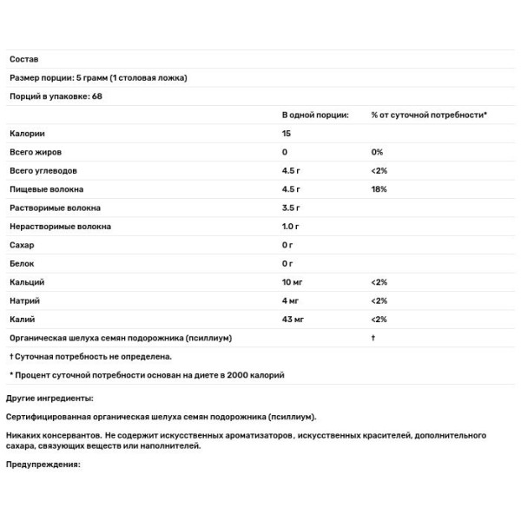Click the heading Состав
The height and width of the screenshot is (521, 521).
[23, 59]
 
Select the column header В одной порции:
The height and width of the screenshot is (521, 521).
[315, 115]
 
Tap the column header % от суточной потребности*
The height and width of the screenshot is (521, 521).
[429, 115]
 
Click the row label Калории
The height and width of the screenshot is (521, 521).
[27, 134]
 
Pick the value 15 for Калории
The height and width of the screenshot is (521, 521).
[287, 134]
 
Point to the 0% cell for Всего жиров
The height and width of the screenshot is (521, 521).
[376, 152]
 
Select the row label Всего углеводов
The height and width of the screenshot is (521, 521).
[44, 170]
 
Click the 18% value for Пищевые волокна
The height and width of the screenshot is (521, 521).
[378, 188]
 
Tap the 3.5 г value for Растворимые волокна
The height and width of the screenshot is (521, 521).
[291, 208]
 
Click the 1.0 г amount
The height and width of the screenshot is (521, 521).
[291, 226]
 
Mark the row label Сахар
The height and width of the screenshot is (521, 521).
[22, 245]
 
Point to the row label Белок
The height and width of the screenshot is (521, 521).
[22, 263]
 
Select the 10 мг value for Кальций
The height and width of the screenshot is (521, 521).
[293, 282]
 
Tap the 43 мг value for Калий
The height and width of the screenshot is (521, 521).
[293, 320]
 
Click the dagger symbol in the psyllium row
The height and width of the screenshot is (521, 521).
[373, 338]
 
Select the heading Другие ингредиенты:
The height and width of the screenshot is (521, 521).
[49, 398]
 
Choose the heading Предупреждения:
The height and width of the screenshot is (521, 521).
[43, 464]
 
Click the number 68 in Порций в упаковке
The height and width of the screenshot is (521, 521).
[96, 96]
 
